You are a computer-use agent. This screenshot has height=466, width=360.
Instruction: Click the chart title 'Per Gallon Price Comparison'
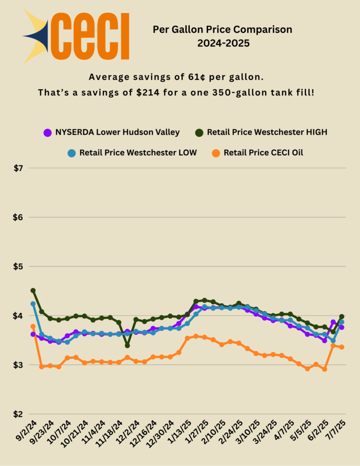(x=222, y=30)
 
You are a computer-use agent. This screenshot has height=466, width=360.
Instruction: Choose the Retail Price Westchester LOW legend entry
(x=132, y=152)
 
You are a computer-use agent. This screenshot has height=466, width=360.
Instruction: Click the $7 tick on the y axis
(x=18, y=168)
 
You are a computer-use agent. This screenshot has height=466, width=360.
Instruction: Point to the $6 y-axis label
(x=18, y=218)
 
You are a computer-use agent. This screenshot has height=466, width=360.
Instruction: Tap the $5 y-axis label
(x=18, y=267)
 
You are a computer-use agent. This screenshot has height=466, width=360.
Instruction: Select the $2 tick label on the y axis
(x=18, y=414)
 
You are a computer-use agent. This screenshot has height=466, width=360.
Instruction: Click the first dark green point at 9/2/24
(x=33, y=290)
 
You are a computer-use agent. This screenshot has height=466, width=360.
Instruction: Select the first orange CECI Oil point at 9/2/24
(x=33, y=326)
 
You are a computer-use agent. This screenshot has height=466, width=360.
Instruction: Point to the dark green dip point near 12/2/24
(x=127, y=345)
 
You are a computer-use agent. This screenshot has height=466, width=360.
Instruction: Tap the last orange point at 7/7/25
(x=341, y=347)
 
